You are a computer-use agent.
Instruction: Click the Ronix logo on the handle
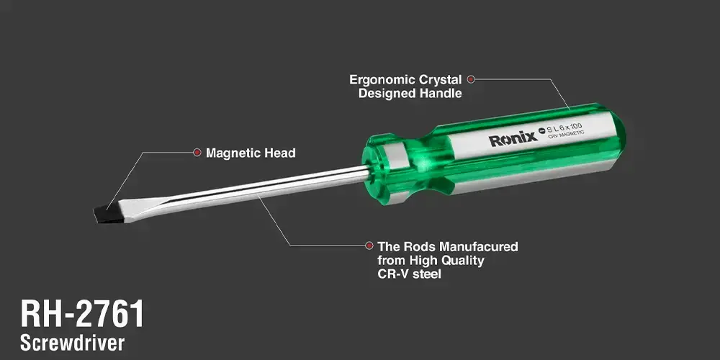(513, 138)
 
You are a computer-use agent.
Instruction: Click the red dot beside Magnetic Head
(197, 152)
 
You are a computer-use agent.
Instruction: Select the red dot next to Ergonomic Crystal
(471, 79)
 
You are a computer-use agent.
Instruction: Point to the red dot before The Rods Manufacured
(369, 246)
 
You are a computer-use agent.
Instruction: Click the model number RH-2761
(82, 314)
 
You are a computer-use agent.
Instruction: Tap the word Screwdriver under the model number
(73, 343)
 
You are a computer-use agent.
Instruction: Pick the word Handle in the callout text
(441, 93)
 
